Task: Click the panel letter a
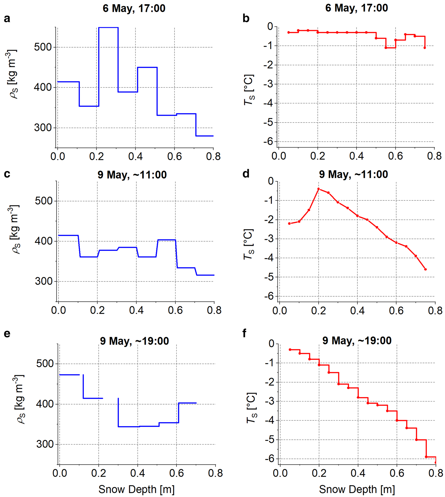click(x=7, y=19)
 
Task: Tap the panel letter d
click(x=246, y=174)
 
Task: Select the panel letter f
click(x=244, y=333)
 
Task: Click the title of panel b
click(x=356, y=8)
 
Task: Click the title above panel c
click(x=132, y=175)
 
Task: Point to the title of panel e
click(x=134, y=341)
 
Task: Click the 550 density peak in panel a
click(x=108, y=28)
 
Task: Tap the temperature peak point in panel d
click(x=318, y=189)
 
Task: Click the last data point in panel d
click(x=426, y=269)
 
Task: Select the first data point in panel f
click(x=290, y=350)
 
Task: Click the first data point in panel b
click(x=289, y=33)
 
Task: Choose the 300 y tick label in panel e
click(x=45, y=444)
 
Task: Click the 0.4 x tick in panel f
click(x=358, y=473)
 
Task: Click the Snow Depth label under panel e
click(x=136, y=489)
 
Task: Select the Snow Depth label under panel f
click(x=357, y=489)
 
